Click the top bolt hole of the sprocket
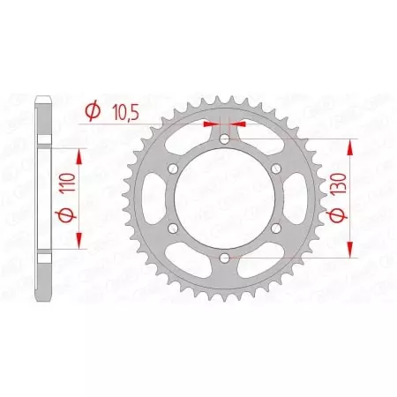224,139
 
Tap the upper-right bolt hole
275,169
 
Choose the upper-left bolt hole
173,169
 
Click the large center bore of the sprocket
224,198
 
